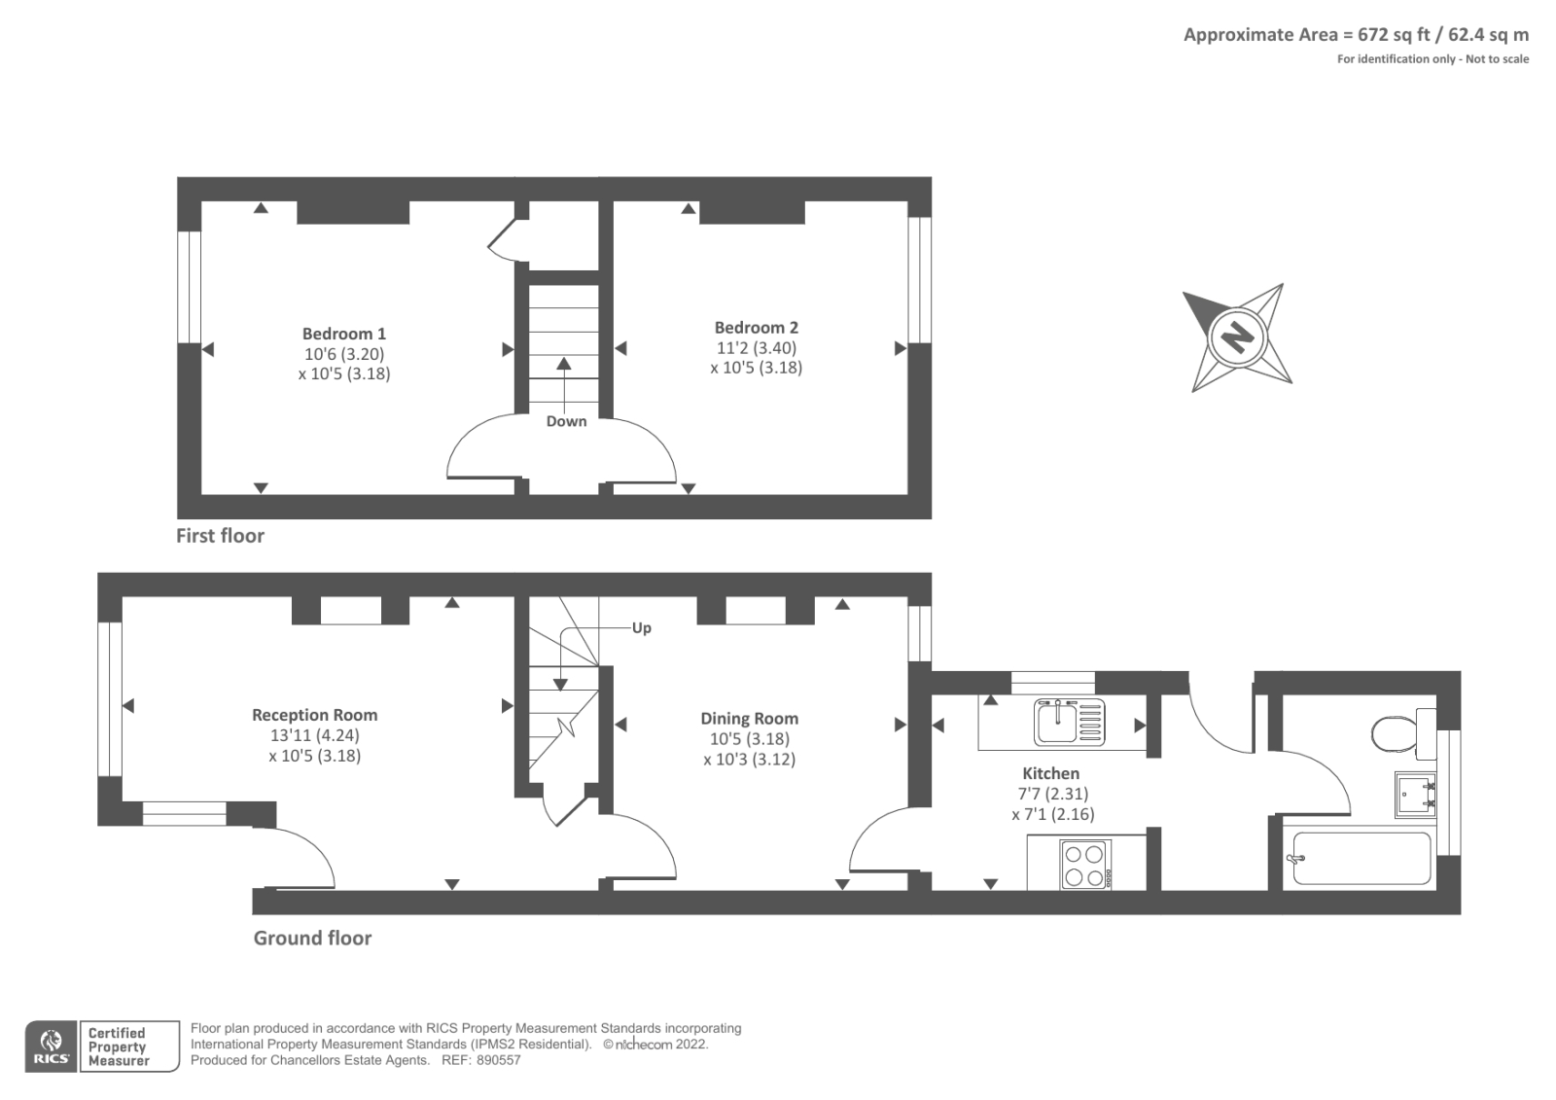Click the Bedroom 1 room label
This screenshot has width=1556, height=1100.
[344, 334]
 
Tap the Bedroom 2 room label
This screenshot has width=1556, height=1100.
[757, 328]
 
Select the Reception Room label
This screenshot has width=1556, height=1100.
[315, 715]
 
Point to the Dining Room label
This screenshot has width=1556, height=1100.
[750, 719]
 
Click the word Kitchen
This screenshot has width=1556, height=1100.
[1051, 773]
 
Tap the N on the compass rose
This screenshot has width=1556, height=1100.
[1238, 338]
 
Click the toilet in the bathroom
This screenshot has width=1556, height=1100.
[1403, 733]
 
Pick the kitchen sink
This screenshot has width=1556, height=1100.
[1069, 723]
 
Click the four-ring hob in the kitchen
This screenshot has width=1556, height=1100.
[1085, 866]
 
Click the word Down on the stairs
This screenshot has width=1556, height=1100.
[566, 421]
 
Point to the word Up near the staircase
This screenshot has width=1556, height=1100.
[641, 628]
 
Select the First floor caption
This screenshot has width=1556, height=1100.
[220, 536]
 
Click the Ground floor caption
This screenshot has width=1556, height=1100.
[312, 939]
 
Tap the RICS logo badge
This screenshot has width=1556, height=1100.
[52, 1047]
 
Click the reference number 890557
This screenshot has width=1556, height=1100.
[498, 1060]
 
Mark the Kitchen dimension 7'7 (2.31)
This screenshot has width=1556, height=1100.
[1053, 794]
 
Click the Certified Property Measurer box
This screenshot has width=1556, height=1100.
[130, 1047]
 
